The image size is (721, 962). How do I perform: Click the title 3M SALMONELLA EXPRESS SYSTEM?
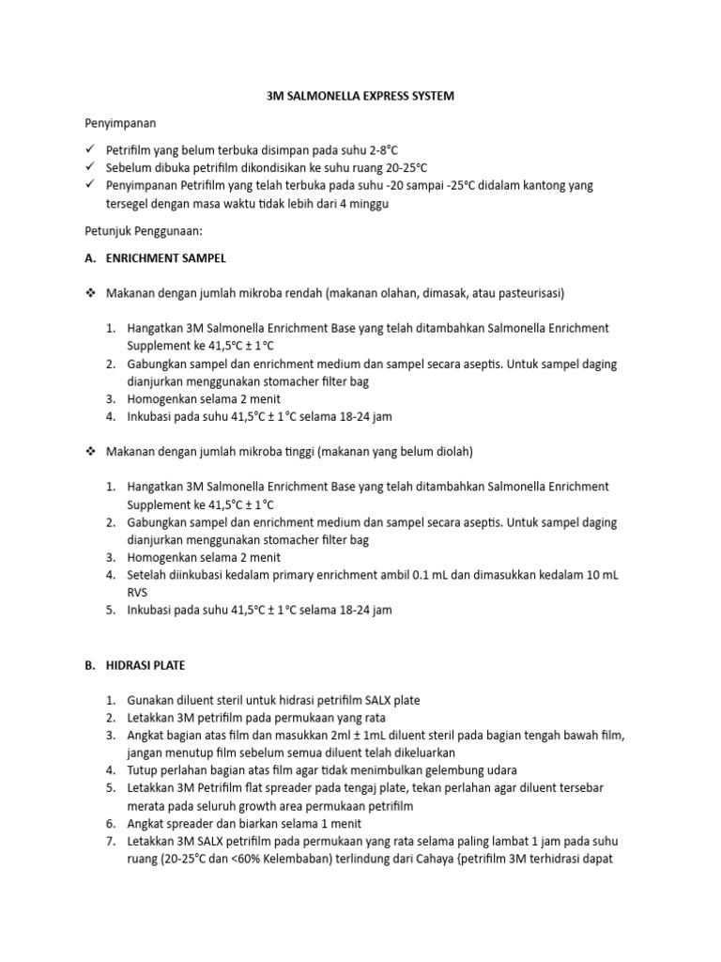tap(360, 97)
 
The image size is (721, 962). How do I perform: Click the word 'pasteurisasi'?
tap(527, 293)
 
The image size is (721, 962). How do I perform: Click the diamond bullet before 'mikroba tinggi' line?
tap(90, 452)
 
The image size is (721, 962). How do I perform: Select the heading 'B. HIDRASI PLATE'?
tap(134, 665)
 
